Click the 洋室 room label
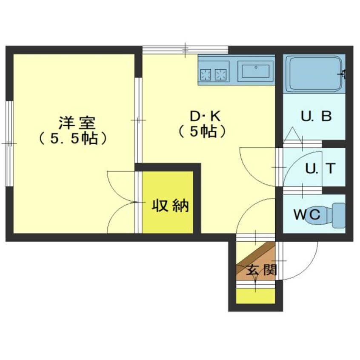coord(77,123)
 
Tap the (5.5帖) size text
coord(73,138)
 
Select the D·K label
coord(205,116)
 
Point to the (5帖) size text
coord(202,131)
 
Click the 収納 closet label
coord(170,206)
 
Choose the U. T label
coord(320,168)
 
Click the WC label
coord(307,214)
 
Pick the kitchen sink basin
coord(256,71)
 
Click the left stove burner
coord(206,74)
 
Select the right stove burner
coord(220,74)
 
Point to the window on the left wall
coord(9,144)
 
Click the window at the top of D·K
coord(185,50)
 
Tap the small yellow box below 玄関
coord(256,296)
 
